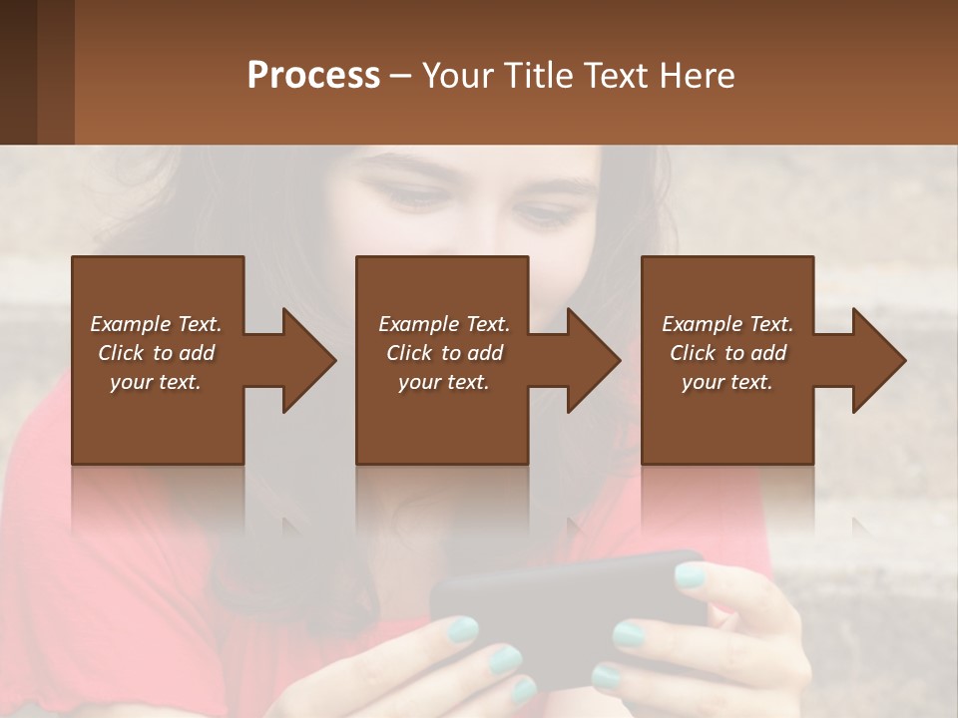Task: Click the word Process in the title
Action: click(313, 76)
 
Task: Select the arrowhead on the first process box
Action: click(305, 360)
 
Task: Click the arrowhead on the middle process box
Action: click(591, 360)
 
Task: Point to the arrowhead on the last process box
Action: click(876, 360)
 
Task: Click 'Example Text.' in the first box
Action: click(156, 324)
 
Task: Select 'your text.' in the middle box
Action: click(443, 382)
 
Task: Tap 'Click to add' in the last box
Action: click(727, 353)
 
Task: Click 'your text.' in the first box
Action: click(156, 382)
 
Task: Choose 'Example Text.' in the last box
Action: click(727, 324)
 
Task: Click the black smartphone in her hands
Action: click(559, 608)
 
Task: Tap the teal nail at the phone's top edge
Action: click(691, 574)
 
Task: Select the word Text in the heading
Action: click(618, 76)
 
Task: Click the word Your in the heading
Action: click(460, 76)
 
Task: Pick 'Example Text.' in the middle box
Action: click(443, 324)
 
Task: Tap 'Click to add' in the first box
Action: click(156, 353)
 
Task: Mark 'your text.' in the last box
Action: click(727, 382)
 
